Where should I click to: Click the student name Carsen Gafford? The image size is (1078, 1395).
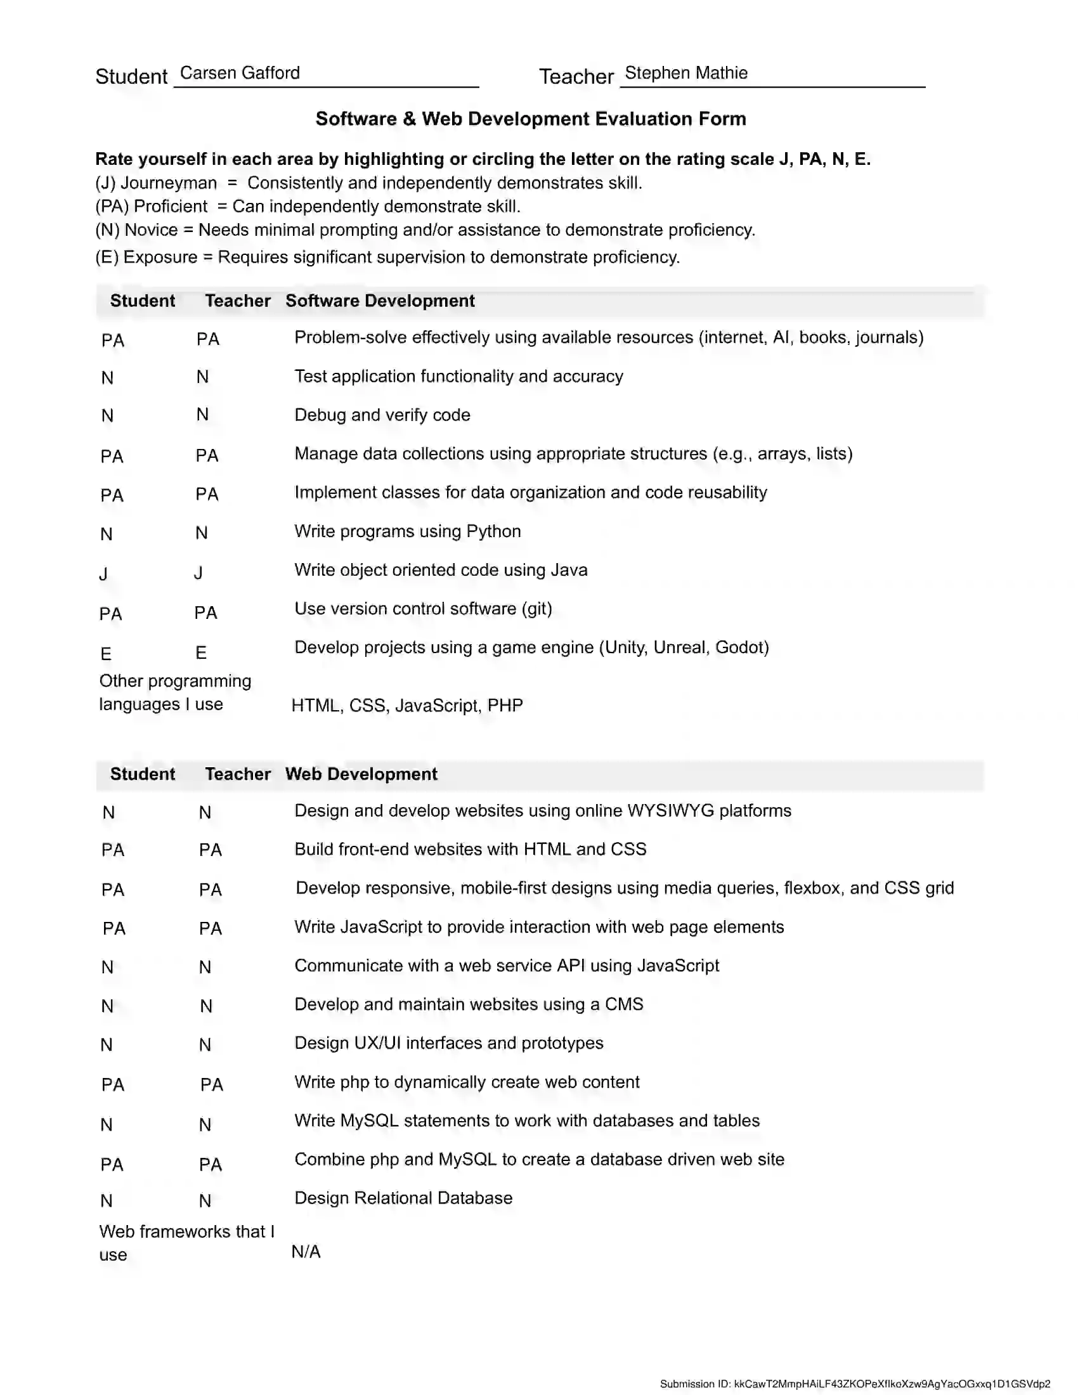(240, 73)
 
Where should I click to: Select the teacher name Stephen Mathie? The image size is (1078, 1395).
(686, 73)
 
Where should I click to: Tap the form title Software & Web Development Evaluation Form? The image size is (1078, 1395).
(531, 119)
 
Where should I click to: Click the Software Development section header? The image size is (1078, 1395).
(380, 301)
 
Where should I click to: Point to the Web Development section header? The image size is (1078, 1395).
(361, 774)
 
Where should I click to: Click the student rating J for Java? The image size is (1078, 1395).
(103, 574)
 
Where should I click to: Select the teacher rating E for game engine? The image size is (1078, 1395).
(201, 652)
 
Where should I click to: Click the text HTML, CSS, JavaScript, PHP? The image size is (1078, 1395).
(408, 706)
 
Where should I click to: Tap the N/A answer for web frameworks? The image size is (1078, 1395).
(306, 1252)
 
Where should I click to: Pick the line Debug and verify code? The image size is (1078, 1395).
(382, 415)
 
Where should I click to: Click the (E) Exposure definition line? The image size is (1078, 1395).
(387, 257)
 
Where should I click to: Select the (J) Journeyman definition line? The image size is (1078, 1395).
(368, 183)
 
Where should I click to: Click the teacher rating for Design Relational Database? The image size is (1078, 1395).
(205, 1201)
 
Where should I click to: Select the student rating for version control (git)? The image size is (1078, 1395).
(110, 614)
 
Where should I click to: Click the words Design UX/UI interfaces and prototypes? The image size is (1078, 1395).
(448, 1043)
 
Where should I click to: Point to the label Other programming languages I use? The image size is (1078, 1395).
(175, 692)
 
